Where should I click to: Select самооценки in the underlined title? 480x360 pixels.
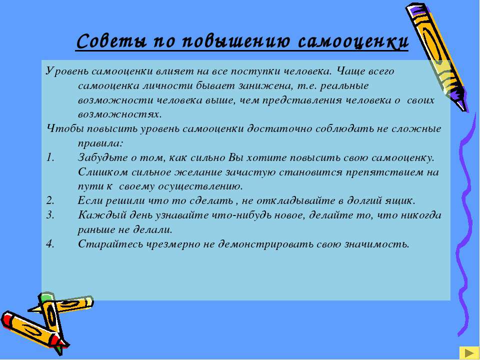pos(353,41)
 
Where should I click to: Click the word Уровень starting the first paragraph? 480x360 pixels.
pos(67,71)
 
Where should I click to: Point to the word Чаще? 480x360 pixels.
pos(349,72)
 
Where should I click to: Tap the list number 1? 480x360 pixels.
pos(50,157)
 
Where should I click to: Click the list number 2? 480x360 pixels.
pos(50,201)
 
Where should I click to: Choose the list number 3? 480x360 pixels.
pos(50,215)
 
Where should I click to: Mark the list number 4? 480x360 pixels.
pos(50,244)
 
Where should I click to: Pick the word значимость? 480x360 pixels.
pos(377,244)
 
